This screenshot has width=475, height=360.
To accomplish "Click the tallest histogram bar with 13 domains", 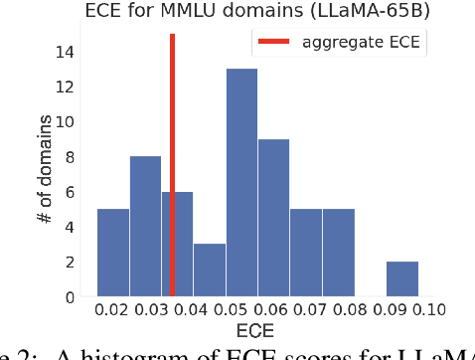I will [x=241, y=183].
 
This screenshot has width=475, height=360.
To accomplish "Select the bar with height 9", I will [x=273, y=219].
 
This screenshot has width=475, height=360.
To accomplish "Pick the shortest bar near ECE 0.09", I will [x=402, y=279].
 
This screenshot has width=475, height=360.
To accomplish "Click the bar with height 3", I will [x=209, y=270].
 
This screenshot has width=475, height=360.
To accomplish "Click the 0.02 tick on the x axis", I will [x=112, y=310].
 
